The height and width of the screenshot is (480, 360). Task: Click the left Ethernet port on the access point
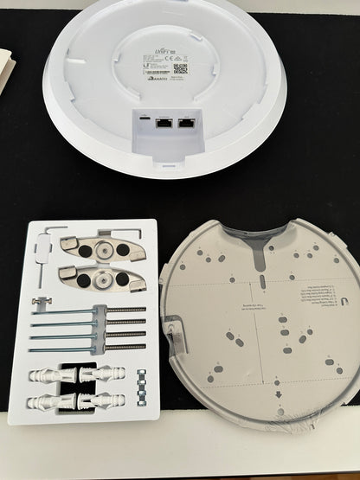point(163,124)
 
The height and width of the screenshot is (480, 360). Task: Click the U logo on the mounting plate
point(346,299)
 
